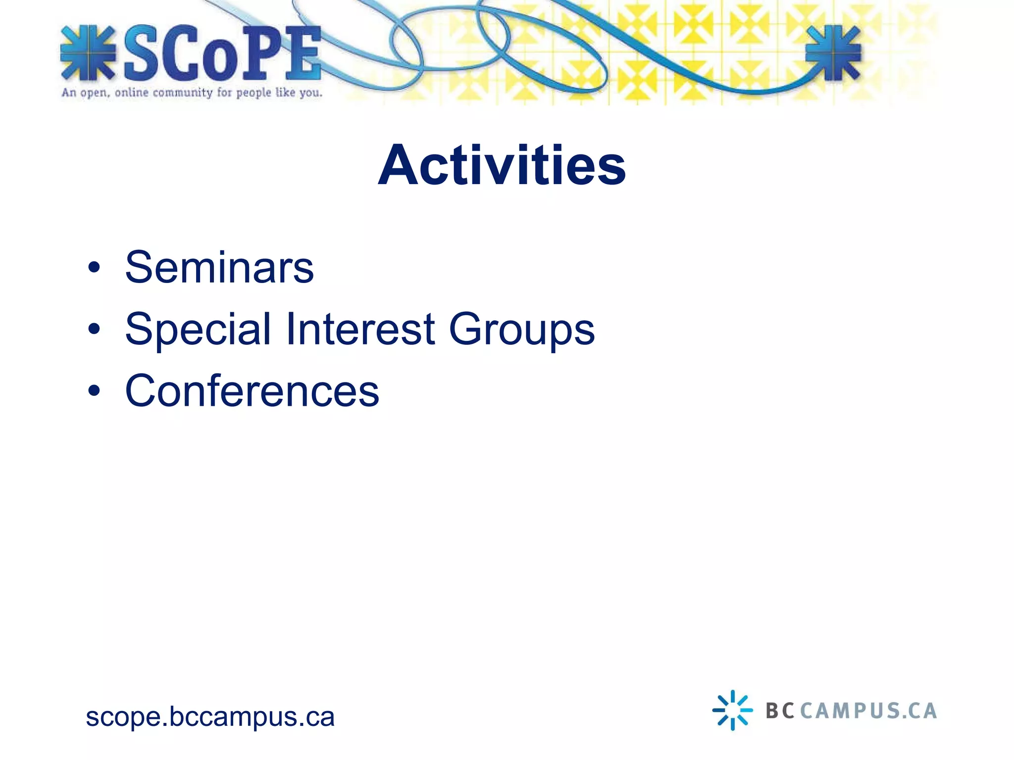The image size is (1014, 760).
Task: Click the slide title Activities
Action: tap(502, 165)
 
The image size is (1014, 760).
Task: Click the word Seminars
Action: tap(219, 268)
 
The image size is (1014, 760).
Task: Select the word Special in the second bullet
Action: tap(198, 330)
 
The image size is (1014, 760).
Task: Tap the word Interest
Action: tap(360, 329)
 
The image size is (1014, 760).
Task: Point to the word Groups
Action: tap(521, 330)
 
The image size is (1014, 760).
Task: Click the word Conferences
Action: tap(252, 391)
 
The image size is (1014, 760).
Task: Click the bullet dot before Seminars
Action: tap(94, 268)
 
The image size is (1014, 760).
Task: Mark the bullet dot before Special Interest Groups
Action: tap(94, 329)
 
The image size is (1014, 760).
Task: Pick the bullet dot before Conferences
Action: tap(94, 391)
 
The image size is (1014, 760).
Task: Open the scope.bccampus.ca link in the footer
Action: tap(210, 716)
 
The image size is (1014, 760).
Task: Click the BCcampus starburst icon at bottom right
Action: tap(732, 710)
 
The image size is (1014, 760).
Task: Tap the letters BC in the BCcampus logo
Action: tap(780, 711)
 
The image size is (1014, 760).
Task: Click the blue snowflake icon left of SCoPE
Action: tap(88, 53)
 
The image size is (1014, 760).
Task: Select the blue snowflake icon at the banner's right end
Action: tap(833, 53)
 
